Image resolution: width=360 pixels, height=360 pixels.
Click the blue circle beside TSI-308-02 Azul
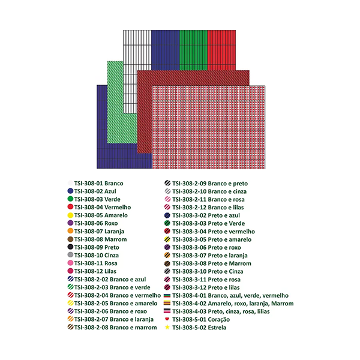click(x=71, y=191)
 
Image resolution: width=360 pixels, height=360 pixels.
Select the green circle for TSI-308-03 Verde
click(x=71, y=199)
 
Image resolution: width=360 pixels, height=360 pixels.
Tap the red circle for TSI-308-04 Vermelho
click(x=71, y=207)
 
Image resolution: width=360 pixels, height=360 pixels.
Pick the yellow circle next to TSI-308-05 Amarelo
click(x=71, y=215)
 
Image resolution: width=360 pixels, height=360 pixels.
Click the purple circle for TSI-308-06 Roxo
click(x=71, y=223)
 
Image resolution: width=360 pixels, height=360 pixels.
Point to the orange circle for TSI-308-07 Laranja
click(x=71, y=231)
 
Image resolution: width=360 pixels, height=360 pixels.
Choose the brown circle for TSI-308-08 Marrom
click(x=71, y=239)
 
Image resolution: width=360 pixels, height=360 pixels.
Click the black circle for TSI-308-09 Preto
click(x=71, y=247)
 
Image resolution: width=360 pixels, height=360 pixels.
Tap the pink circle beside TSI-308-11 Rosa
click(x=71, y=263)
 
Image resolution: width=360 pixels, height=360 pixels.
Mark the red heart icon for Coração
click(x=167, y=320)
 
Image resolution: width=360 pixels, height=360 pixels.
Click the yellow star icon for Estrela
click(x=167, y=328)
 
